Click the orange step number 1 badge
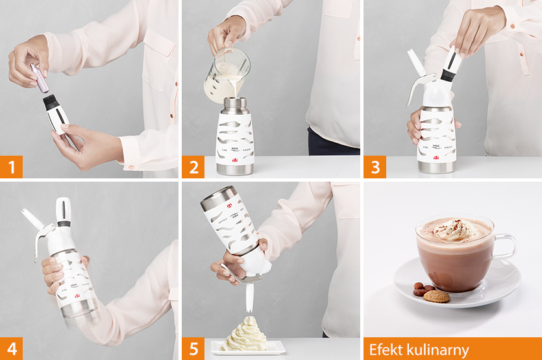pos(11,167)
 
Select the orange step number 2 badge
pos(193,167)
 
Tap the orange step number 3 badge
pos(375,167)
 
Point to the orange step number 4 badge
pos(11,348)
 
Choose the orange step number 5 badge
pos(193,348)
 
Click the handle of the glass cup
pos(504,246)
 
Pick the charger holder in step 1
pos(57,114)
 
